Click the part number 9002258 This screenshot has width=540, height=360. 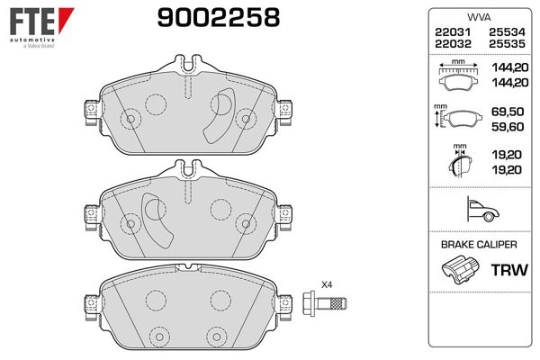219,18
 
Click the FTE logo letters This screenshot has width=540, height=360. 32,22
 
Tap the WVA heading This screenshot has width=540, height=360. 479,17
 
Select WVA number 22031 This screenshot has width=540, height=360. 453,32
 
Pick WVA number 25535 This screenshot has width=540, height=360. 507,44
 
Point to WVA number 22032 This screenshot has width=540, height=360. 453,44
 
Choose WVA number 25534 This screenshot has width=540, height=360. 507,32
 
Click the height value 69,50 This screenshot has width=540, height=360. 508,112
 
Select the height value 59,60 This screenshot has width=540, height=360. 508,127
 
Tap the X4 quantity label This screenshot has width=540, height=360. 327,285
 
